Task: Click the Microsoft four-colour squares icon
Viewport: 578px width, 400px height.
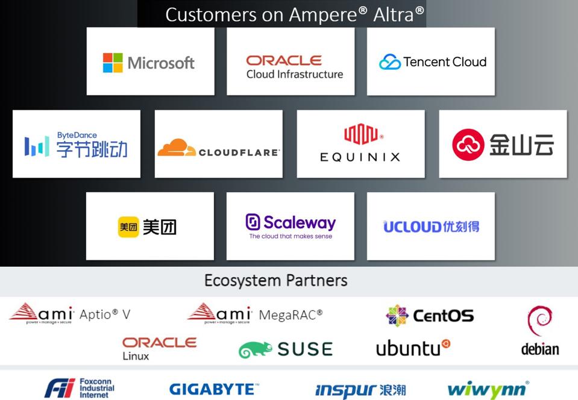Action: [x=113, y=63]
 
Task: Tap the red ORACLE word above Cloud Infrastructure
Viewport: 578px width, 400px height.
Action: [x=284, y=60]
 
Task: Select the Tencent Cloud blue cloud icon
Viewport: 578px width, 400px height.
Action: [x=389, y=62]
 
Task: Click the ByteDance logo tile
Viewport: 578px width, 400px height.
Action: [x=77, y=144]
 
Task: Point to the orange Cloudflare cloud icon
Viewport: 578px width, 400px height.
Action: [x=176, y=148]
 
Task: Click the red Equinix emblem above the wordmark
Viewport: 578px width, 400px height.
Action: [x=360, y=135]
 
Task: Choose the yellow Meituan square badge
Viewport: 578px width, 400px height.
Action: [x=128, y=227]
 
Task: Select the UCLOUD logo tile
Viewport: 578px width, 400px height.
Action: [x=431, y=227]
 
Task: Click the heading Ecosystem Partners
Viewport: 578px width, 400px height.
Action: [x=275, y=280]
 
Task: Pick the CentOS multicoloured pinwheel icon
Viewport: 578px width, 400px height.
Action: [x=397, y=316]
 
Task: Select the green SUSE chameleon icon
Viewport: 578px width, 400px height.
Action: [x=255, y=350]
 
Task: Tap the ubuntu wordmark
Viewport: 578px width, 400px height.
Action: [x=409, y=348]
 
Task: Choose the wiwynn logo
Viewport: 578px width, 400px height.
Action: [x=488, y=390]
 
